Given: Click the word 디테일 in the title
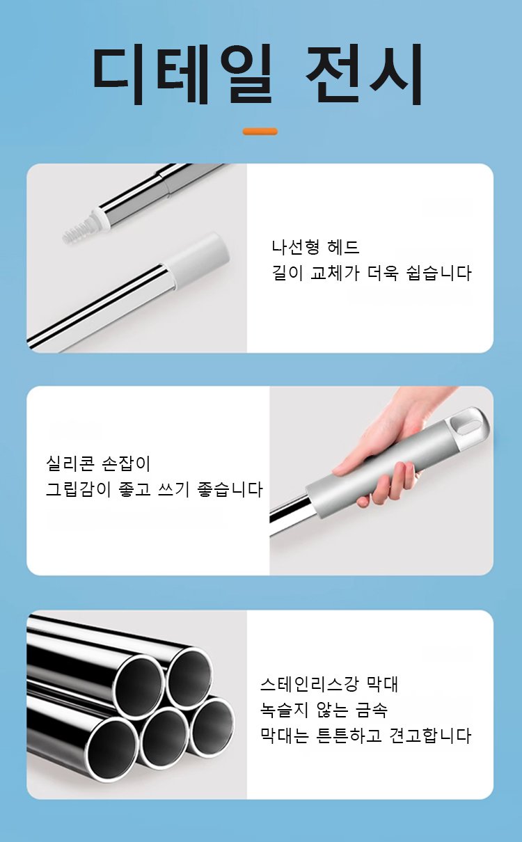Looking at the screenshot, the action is [x=182, y=73].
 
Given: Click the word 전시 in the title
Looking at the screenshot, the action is [x=363, y=73].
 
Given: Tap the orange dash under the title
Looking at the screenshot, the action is [x=260, y=132].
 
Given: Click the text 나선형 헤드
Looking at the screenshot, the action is [x=315, y=247].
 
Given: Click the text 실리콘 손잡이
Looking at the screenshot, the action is [x=98, y=463].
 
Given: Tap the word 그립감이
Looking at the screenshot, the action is [x=78, y=489].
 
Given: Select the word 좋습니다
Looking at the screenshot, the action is [x=230, y=489].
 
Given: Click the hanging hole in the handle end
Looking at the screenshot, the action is [x=466, y=425].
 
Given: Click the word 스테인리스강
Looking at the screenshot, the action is [x=309, y=684].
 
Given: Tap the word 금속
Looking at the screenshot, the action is [x=371, y=710].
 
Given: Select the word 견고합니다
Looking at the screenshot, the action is [x=430, y=736].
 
